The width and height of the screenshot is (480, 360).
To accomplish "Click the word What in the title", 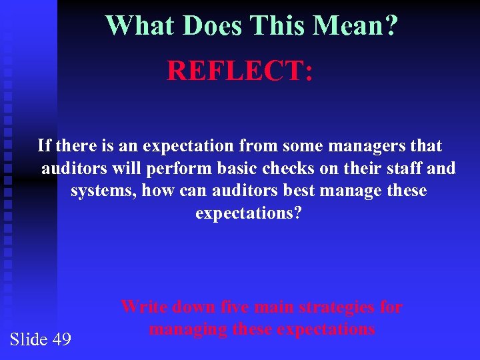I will tap(141, 26).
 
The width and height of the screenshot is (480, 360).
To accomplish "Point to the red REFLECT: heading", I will tap(239, 70).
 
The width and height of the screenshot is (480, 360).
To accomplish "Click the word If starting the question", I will tap(45, 145).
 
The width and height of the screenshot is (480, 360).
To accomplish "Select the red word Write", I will tap(143, 307).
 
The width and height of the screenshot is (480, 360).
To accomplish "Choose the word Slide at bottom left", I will tap(28, 339).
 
